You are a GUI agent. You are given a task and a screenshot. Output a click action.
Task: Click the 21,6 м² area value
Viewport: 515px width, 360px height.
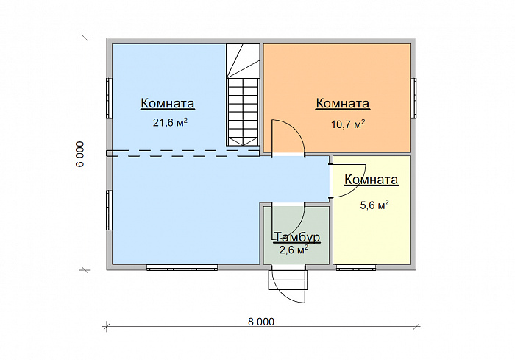[170, 123]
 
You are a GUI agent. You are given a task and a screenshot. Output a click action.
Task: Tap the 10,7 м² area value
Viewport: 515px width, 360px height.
[348, 124]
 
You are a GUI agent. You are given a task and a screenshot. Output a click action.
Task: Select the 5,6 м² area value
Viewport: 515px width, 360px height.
[374, 205]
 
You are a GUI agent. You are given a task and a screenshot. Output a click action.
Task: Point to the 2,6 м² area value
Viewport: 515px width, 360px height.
[294, 250]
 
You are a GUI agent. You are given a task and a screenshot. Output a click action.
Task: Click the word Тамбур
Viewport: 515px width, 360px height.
[296, 237]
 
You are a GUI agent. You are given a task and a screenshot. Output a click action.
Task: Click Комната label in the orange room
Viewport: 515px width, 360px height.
[343, 103]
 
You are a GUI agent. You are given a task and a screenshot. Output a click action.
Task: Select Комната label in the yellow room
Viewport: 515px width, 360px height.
[371, 180]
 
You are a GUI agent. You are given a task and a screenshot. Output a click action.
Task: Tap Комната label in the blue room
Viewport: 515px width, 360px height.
[168, 103]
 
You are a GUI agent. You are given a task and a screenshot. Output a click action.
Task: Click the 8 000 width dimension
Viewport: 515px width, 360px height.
[261, 322]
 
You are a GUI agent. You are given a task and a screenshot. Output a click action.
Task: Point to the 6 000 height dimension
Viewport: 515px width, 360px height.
[79, 155]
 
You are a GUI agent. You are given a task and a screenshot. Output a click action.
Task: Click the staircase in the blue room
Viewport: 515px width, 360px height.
[243, 95]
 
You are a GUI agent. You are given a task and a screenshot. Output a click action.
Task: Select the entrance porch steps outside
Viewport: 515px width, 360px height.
[288, 280]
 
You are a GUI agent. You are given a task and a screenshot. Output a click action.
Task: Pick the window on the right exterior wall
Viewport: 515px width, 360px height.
[413, 98]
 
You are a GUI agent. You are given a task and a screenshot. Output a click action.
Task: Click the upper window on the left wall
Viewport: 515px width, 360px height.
[109, 98]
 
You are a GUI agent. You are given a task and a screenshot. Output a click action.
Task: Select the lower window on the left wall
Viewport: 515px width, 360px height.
[109, 210]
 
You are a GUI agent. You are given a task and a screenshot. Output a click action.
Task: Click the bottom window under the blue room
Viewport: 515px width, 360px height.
[182, 268]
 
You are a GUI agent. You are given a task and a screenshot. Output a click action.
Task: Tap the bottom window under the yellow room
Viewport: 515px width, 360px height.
[356, 268]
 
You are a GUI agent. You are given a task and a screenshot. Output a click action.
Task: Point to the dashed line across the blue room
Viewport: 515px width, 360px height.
[183, 153]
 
